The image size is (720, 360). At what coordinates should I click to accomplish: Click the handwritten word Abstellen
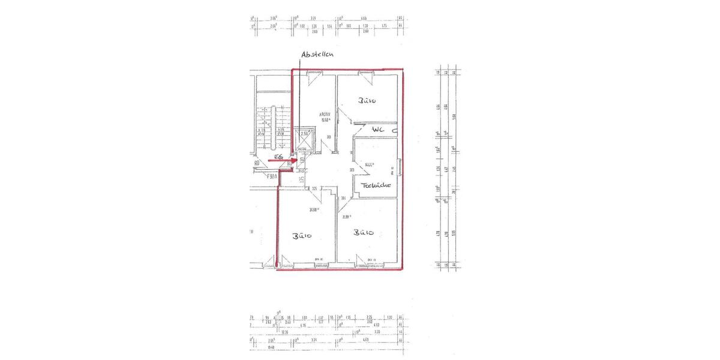(x=317, y=55)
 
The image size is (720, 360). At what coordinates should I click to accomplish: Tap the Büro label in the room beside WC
(x=367, y=101)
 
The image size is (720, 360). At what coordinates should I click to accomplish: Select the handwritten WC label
(x=378, y=129)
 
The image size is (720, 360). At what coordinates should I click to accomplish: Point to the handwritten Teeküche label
(x=376, y=185)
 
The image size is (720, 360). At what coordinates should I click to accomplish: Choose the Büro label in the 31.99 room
(x=364, y=233)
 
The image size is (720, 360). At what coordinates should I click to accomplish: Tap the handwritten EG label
(x=278, y=157)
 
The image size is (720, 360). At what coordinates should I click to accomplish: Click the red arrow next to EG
(x=290, y=161)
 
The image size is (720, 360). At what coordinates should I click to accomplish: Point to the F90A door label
(x=274, y=176)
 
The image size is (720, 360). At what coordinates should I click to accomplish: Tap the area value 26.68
(x=313, y=210)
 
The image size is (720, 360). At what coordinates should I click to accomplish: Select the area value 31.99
(x=347, y=217)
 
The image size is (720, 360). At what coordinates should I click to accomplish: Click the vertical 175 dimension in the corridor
(x=302, y=178)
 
